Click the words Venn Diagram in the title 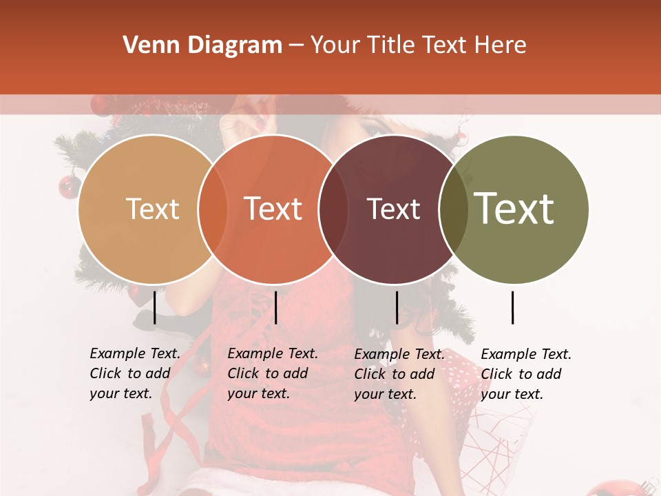[x=202, y=45]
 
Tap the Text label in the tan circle [x=152, y=209]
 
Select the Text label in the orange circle [x=273, y=209]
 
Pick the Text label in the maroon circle [x=394, y=209]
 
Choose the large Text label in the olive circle [x=514, y=209]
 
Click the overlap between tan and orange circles [x=213, y=209]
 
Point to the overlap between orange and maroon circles [x=333, y=209]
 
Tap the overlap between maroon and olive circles [x=454, y=209]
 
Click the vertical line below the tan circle [x=155, y=307]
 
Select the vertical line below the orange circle [x=275, y=307]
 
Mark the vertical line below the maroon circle [x=397, y=307]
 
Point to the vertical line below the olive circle [x=513, y=307]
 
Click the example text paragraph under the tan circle [x=134, y=373]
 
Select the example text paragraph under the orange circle [x=272, y=373]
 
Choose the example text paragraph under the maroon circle [x=399, y=374]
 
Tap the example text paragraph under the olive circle [x=525, y=374]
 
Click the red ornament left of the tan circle [x=69, y=185]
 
